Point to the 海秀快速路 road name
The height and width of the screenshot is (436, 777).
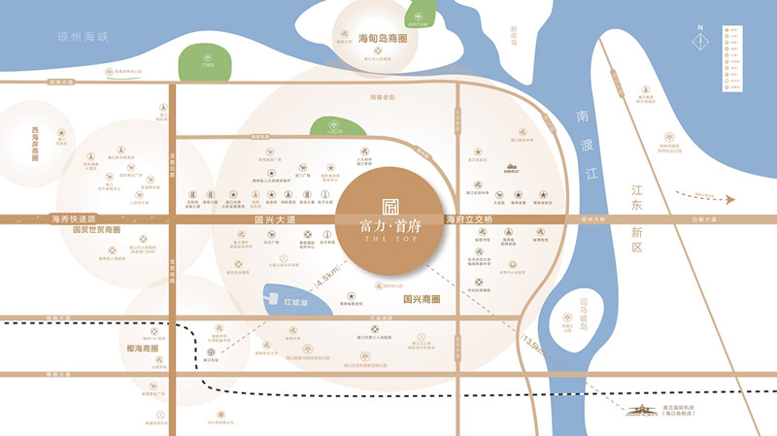(x=75, y=220)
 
